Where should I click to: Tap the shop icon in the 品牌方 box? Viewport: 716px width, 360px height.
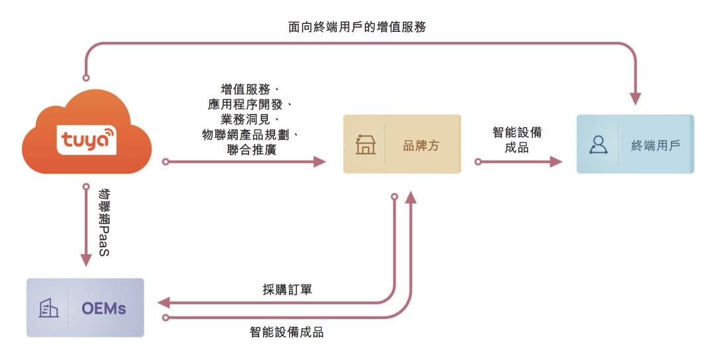[365, 145]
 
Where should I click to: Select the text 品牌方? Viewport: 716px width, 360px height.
[421, 146]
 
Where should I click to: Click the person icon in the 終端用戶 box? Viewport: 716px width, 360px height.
[598, 145]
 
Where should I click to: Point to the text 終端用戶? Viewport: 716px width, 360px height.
[656, 146]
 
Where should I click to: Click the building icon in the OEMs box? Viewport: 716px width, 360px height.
[48, 308]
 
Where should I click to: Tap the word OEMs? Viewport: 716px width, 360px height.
[103, 308]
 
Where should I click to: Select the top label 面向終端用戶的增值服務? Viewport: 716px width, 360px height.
[357, 27]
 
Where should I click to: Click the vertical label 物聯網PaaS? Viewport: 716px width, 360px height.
[104, 222]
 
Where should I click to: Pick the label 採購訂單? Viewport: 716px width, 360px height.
[287, 289]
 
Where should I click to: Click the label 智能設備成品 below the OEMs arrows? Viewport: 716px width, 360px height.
[287, 332]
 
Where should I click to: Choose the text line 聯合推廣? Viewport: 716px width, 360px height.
[252, 149]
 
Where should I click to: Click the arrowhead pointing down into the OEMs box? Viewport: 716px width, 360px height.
[86, 259]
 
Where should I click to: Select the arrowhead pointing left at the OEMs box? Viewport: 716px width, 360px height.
[164, 302]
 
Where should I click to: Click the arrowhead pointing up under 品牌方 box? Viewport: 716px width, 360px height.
[411, 198]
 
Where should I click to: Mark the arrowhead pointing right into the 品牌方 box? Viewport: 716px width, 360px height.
[320, 162]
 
